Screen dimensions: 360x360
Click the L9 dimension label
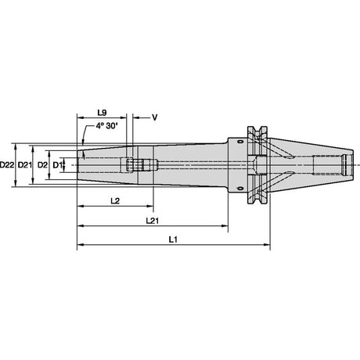coord(102,113)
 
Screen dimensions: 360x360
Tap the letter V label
coord(155,117)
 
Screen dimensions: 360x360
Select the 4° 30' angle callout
coord(106,126)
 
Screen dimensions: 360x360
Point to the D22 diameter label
coord(7,165)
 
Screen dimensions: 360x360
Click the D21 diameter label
coord(24,165)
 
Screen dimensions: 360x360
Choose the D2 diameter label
coord(43,165)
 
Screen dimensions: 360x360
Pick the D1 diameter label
coord(57,165)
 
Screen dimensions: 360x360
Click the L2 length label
coord(115,201)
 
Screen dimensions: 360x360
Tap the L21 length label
coord(153,221)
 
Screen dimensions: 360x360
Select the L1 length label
coord(173,239)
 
